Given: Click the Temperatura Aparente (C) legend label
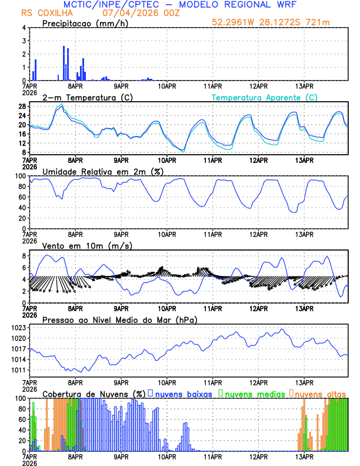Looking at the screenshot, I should click(x=264, y=97).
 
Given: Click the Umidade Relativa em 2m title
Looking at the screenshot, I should click(x=102, y=171).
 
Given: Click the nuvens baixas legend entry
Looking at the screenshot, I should click(x=184, y=394).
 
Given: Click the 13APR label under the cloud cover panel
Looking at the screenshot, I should click(x=304, y=457).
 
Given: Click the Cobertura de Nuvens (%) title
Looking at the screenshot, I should click(x=94, y=394).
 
